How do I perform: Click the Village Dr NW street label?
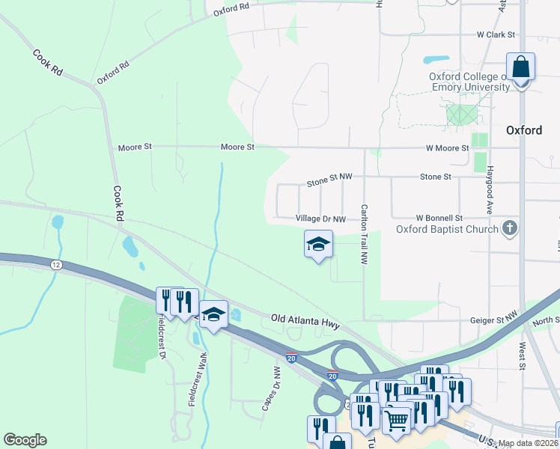pyautogui.click(x=320, y=219)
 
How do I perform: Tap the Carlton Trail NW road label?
pyautogui.click(x=365, y=234)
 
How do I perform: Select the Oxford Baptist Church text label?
pyautogui.click(x=447, y=229)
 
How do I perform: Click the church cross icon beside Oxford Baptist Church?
pyautogui.click(x=510, y=227)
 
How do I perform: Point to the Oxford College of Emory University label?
pyautogui.click(x=469, y=82)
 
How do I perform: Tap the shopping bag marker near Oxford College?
pyautogui.click(x=521, y=68)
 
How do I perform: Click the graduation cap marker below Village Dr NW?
pyautogui.click(x=318, y=244)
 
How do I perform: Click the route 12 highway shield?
pyautogui.click(x=56, y=265)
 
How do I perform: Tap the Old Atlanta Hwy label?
pyautogui.click(x=305, y=321)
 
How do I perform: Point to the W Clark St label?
pyautogui.click(x=497, y=34)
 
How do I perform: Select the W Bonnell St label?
pyautogui.click(x=439, y=217)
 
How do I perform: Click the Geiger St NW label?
pyautogui.click(x=493, y=318)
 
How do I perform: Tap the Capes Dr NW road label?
pyautogui.click(x=271, y=388)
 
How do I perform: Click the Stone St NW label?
pyautogui.click(x=329, y=182)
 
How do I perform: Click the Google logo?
pyautogui.click(x=25, y=440)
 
